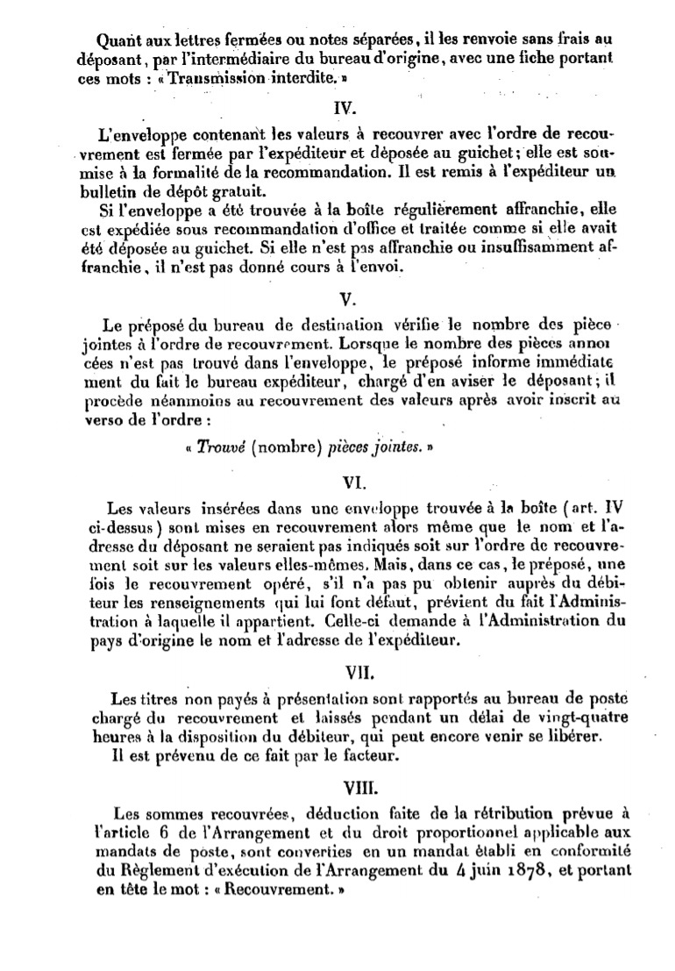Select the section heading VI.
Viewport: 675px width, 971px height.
click(x=343, y=482)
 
